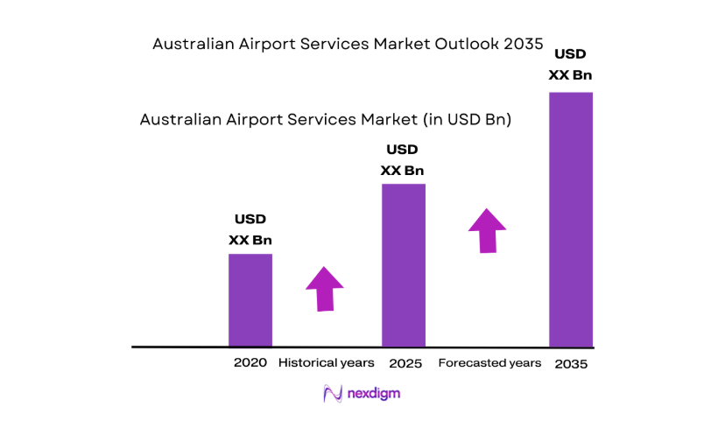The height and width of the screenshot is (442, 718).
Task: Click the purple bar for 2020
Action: click(x=250, y=299)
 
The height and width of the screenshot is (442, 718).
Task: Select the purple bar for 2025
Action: click(x=403, y=264)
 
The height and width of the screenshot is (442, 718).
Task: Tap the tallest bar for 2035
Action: click(x=570, y=219)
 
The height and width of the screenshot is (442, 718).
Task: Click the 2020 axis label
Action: click(x=250, y=362)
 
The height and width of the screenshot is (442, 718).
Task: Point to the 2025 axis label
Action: click(x=405, y=362)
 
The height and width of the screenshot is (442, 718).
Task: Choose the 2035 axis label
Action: click(x=571, y=363)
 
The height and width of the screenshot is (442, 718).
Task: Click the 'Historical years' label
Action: click(x=326, y=362)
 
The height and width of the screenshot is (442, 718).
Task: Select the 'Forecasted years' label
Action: click(x=489, y=362)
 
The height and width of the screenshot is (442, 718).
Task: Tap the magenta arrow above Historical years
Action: click(x=324, y=287)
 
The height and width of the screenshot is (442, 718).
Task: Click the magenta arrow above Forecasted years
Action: click(x=487, y=230)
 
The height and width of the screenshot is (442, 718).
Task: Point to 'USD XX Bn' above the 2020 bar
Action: click(x=250, y=229)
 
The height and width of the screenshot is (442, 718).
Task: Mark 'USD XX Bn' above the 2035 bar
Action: click(x=570, y=64)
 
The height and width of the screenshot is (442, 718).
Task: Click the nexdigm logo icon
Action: click(x=333, y=395)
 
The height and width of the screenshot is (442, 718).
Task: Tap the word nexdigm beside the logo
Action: click(x=372, y=395)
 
